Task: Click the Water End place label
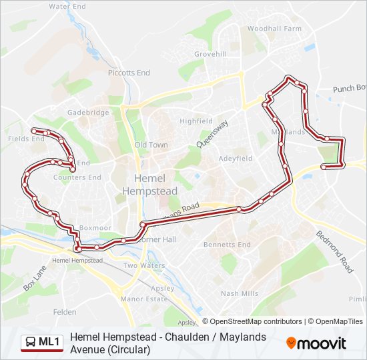(67, 6)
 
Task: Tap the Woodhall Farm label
(274, 29)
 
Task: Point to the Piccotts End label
(129, 73)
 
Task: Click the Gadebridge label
(87, 113)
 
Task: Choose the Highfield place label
(196, 121)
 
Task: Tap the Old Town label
(151, 145)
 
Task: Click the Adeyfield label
(236, 159)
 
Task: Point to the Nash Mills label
(239, 293)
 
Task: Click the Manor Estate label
(143, 299)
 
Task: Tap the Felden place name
(65, 311)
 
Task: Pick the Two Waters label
(143, 265)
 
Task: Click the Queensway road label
(213, 133)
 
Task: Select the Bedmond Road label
(334, 252)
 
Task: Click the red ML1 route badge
(41, 343)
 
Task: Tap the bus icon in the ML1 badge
(31, 343)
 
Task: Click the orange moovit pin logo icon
(291, 343)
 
